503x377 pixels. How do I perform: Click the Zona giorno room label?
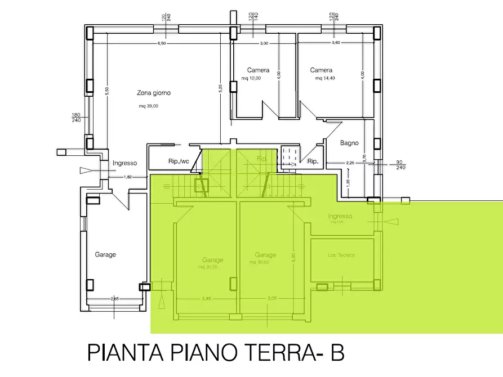click(154, 93)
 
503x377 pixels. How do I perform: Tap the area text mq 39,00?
click(149, 106)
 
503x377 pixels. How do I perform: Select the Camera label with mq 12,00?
click(258, 70)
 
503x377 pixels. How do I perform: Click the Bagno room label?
click(349, 143)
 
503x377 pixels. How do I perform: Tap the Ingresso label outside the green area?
click(124, 163)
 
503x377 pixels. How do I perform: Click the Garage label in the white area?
click(105, 254)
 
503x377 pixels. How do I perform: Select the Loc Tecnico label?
click(341, 255)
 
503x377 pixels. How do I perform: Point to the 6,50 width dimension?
click(162, 43)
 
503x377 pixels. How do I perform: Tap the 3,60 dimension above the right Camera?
click(336, 43)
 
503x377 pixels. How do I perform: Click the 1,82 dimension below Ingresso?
click(128, 177)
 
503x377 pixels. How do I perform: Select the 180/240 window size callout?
click(75, 117)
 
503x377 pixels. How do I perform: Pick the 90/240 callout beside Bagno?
click(400, 164)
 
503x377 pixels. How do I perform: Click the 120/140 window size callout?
click(252, 16)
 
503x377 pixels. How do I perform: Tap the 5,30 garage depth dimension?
click(293, 257)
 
